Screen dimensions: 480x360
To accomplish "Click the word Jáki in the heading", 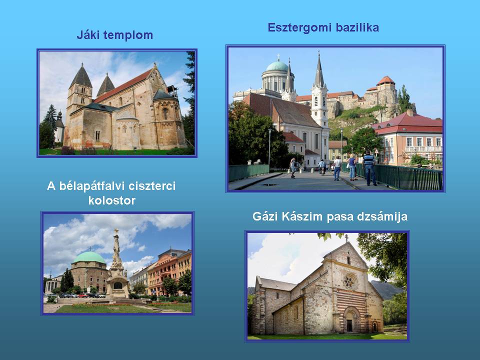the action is (x=88, y=35).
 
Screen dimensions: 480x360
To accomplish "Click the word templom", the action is (x=128, y=35).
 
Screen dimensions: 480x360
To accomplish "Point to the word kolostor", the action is (x=111, y=200).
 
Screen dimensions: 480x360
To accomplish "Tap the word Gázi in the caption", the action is (x=265, y=216).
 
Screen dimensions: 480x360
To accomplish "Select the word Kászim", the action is (x=302, y=216).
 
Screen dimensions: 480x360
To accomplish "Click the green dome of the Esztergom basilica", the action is (x=276, y=66).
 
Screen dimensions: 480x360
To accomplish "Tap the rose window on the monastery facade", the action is (x=348, y=281).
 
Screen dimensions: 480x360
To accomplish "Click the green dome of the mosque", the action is (x=89, y=258).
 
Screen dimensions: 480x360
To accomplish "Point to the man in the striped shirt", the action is (x=369, y=169).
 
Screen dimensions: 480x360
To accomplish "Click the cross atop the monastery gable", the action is (x=346, y=238).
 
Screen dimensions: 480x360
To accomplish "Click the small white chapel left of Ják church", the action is (x=59, y=128).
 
